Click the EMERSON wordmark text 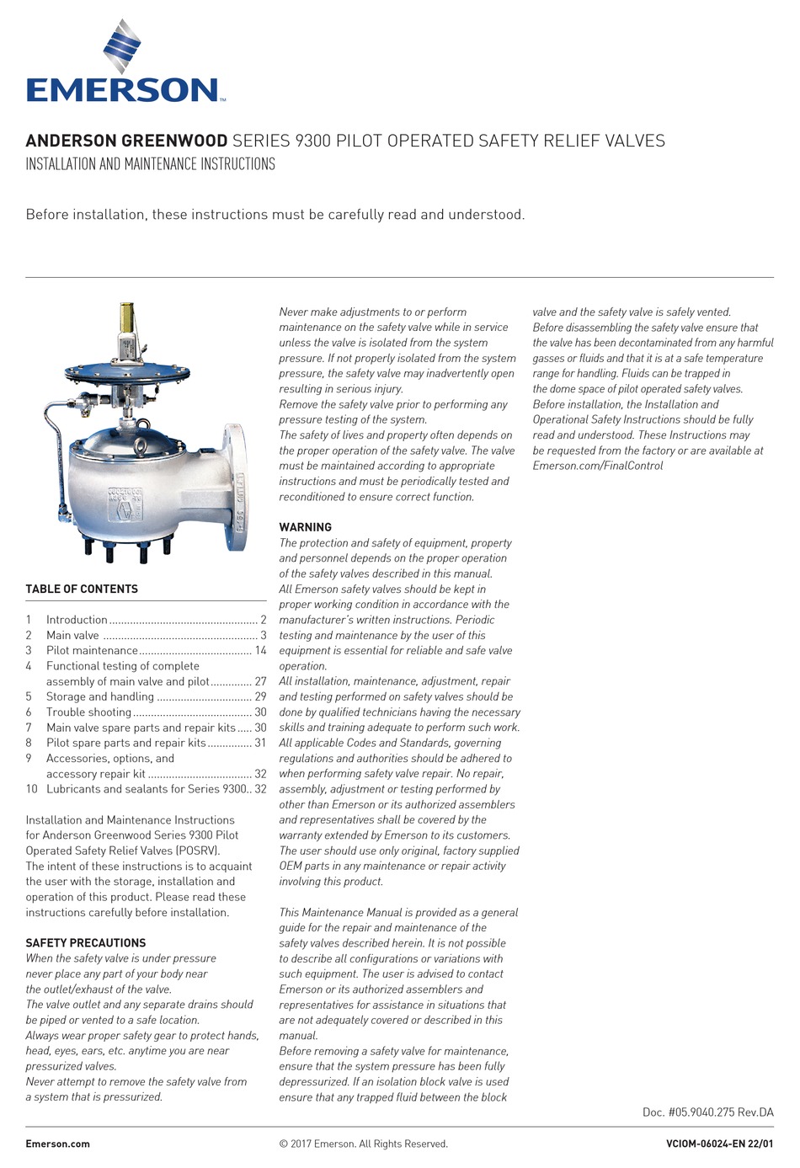123,89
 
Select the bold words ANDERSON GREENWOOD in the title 126,141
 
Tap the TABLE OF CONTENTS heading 82,589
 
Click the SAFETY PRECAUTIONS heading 85,942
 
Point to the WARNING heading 305,527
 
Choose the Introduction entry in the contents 77,620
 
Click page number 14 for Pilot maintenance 260,650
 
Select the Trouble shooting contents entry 88,712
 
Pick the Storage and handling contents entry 99,696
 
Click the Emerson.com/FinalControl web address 597,466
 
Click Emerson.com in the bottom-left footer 57,1144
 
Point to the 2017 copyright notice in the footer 363,1144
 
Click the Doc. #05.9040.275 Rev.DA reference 707,1112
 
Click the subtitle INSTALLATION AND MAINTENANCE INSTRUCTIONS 150,164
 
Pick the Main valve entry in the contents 72,635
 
